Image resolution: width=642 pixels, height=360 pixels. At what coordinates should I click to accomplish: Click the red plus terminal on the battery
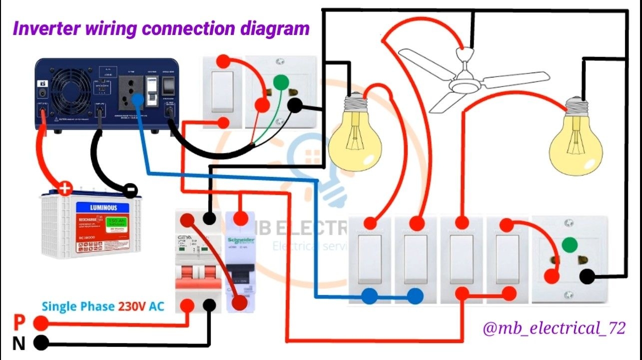click(x=65, y=189)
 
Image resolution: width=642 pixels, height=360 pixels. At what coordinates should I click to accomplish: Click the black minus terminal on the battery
click(x=130, y=190)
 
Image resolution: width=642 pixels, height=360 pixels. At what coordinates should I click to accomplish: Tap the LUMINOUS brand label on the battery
click(x=103, y=207)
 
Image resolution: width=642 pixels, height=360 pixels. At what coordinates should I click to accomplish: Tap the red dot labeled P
click(x=41, y=324)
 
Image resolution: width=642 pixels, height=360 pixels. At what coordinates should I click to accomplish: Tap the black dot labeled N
click(x=41, y=343)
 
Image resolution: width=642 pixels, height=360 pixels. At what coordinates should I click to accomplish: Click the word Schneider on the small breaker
click(x=241, y=240)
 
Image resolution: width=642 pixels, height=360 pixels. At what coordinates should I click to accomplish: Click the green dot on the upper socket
click(x=280, y=81)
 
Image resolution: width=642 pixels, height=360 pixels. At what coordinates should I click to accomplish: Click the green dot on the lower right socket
click(x=567, y=245)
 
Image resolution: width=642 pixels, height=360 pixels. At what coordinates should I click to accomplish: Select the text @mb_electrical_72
click(x=554, y=328)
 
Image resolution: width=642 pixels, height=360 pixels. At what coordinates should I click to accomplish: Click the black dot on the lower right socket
click(x=588, y=276)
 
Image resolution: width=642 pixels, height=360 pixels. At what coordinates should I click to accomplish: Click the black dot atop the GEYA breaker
click(x=210, y=218)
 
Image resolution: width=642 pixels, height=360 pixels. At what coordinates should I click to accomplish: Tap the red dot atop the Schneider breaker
click(x=241, y=218)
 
